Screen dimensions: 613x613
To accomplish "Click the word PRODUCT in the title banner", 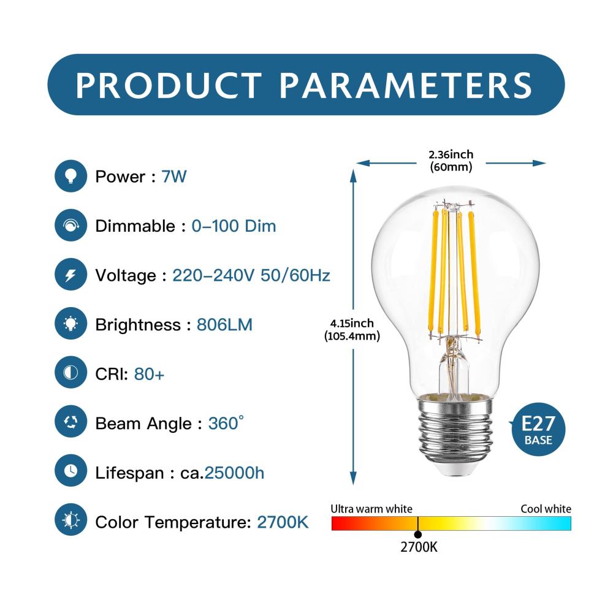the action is click(x=169, y=85).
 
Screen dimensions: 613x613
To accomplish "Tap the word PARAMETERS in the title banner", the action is click(x=405, y=85).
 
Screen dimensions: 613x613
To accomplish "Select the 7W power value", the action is click(x=174, y=177).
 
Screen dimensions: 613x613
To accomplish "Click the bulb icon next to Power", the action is click(x=70, y=176).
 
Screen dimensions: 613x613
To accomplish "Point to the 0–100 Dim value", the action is click(x=234, y=226).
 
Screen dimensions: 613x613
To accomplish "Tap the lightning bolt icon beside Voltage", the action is click(x=70, y=275).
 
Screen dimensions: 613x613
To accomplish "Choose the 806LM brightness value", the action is click(x=224, y=324).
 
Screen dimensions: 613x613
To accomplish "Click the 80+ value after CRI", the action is click(x=149, y=374).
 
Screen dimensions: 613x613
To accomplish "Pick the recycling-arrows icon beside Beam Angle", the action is click(x=70, y=422).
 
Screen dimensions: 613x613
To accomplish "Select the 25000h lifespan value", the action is click(x=234, y=473).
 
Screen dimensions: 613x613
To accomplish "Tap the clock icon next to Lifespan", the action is click(x=70, y=471).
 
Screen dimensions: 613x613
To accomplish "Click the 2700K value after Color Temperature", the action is click(x=283, y=522).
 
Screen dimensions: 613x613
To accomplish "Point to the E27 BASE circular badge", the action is click(x=538, y=429).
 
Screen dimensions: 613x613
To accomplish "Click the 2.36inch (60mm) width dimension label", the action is click(x=451, y=161).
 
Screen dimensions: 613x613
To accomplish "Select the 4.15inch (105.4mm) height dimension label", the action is click(x=352, y=330).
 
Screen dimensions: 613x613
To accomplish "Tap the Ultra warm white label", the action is click(x=371, y=509).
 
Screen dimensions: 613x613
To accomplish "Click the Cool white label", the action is click(x=546, y=509).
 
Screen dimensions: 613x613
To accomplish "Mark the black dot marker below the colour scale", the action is click(x=418, y=535).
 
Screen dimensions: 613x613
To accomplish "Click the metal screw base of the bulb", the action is click(x=454, y=434).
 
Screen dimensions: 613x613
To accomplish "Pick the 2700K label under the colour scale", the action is click(x=419, y=547).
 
